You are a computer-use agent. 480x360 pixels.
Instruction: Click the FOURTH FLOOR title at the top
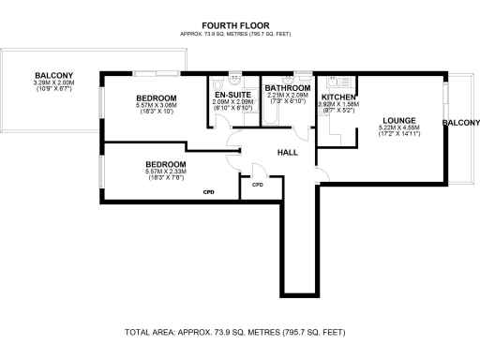[239, 25]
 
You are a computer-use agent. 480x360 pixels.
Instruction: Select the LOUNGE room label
[393, 119]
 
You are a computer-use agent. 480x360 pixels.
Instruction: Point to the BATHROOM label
[287, 87]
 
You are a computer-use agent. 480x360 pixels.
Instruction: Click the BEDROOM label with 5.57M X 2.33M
[155, 164]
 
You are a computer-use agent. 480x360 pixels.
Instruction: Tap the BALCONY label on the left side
[53, 76]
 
